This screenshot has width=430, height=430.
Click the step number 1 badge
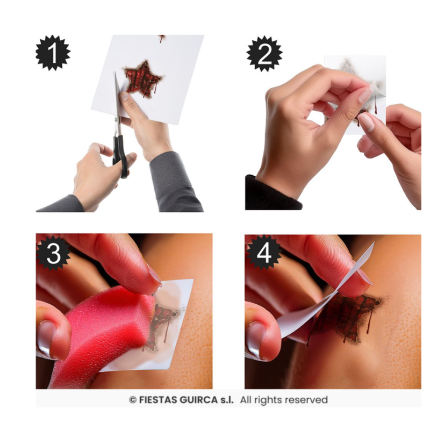click(x=53, y=53)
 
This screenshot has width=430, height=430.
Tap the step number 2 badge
click(x=264, y=54)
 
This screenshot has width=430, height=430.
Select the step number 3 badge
click(x=53, y=253)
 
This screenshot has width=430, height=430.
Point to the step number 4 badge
click(x=264, y=253)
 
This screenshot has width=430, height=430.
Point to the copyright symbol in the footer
click(x=133, y=400)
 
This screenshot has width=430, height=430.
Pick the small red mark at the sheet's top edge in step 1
click(x=162, y=38)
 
